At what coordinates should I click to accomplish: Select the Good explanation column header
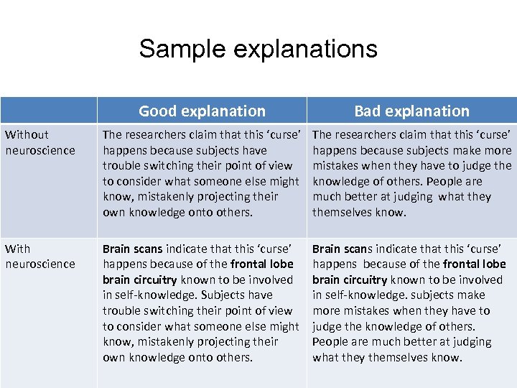pos(202,111)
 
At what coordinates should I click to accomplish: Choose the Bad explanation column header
pos(411,111)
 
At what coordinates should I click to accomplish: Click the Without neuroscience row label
pos(40,142)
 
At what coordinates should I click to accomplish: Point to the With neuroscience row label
pos(40,256)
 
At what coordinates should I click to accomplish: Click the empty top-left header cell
pos(48,110)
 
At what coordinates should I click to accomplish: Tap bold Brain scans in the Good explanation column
pos(133,249)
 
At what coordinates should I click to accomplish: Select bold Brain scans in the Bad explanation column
pos(343,249)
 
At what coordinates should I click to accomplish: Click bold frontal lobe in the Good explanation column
pos(261,264)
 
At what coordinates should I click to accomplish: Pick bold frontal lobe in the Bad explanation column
pos(474,264)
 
